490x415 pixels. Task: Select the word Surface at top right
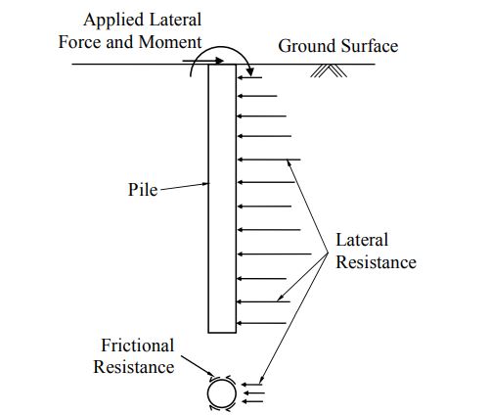click(x=367, y=46)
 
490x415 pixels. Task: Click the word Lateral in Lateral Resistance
click(x=362, y=240)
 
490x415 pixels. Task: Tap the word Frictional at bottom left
click(x=138, y=346)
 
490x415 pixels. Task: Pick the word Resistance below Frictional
click(x=134, y=367)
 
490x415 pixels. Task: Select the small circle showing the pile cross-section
click(x=220, y=393)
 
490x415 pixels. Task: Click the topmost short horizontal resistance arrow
click(x=250, y=76)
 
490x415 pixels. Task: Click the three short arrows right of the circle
click(x=253, y=392)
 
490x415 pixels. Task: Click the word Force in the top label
click(x=108, y=42)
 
